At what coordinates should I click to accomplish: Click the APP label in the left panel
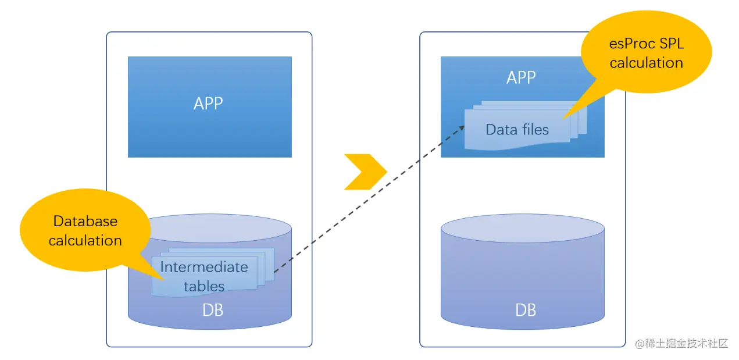208,104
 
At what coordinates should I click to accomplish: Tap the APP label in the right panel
520,77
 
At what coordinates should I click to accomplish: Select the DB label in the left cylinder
212,310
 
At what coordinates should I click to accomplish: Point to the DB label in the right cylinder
526,310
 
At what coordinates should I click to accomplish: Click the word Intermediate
204,267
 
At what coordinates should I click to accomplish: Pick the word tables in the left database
204,286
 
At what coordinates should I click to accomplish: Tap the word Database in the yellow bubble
85,221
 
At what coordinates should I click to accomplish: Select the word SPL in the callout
671,44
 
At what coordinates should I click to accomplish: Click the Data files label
517,129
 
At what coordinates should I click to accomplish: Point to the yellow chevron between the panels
365,172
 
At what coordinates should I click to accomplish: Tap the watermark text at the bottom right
681,343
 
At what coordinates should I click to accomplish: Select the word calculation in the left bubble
85,240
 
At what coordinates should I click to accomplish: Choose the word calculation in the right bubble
646,63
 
